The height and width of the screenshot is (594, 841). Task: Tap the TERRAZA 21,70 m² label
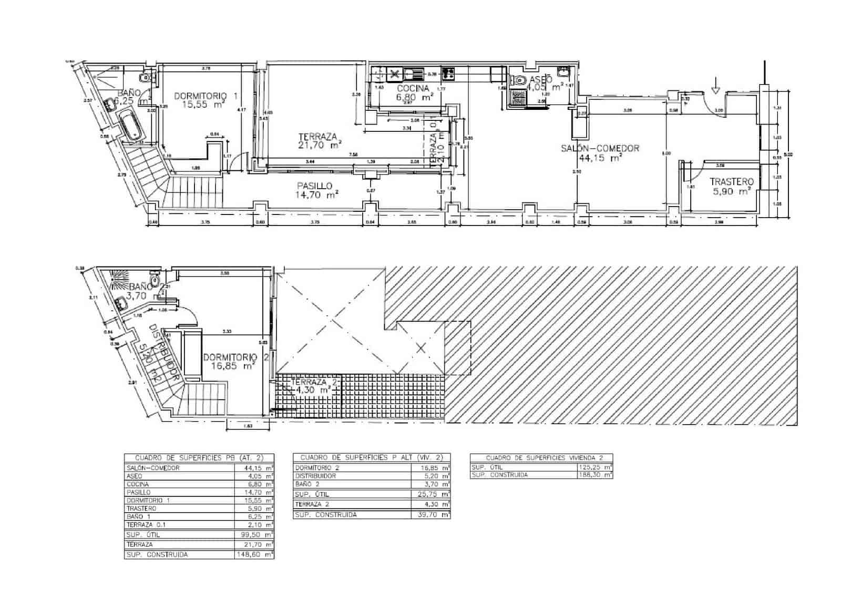pyautogui.click(x=317, y=137)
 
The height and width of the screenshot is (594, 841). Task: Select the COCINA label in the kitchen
pyautogui.click(x=413, y=88)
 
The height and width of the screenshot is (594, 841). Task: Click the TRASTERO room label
pyautogui.click(x=731, y=182)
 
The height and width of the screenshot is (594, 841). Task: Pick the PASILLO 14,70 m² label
pyautogui.click(x=314, y=186)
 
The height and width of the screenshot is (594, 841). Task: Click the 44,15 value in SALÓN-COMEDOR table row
pyautogui.click(x=254, y=468)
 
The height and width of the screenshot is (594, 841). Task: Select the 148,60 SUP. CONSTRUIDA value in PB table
pyautogui.click(x=254, y=554)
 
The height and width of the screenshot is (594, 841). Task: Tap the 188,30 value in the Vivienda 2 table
pyautogui.click(x=593, y=475)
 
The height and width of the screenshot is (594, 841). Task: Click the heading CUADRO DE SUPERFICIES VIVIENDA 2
pyautogui.click(x=541, y=458)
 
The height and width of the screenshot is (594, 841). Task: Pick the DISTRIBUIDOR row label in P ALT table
pyautogui.click(x=315, y=476)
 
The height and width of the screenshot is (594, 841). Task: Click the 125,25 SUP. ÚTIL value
pyautogui.click(x=593, y=467)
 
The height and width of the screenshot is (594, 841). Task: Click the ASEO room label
pyautogui.click(x=540, y=79)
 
